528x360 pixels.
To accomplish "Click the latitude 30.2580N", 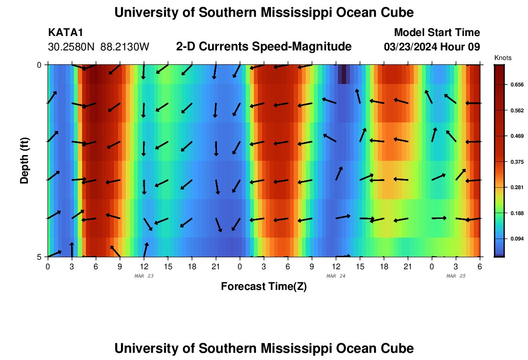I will [72, 47].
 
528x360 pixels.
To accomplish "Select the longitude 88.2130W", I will [125, 47].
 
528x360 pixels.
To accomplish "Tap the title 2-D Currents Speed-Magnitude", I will [264, 47].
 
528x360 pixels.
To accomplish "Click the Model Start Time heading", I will [437, 33].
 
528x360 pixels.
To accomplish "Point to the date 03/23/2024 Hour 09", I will [432, 47].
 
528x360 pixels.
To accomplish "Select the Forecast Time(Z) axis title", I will [264, 287].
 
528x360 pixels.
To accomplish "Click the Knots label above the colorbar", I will [503, 58].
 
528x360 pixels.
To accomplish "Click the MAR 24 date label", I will [336, 276].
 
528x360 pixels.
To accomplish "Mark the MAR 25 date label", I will [456, 276].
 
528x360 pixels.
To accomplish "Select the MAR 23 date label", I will [144, 276].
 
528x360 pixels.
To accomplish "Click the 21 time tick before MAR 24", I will [216, 266].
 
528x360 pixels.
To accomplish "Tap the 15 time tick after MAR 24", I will [360, 266].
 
